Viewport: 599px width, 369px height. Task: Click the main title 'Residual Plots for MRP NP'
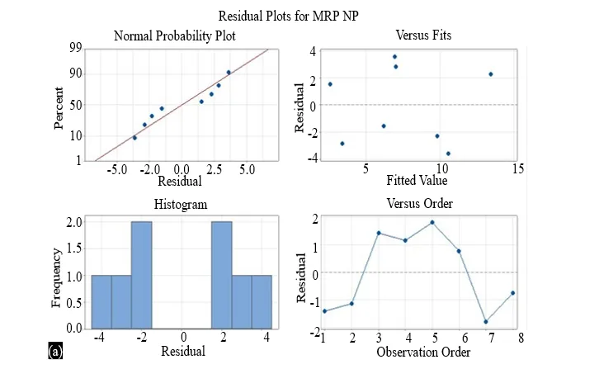tap(289, 16)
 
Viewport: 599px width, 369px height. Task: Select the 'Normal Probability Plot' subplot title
tap(175, 36)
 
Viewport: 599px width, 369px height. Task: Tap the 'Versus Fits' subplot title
tap(423, 35)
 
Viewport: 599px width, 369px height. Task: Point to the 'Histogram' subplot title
tap(181, 204)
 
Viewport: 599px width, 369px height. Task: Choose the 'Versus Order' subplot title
tap(419, 203)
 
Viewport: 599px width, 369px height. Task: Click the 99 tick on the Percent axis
tap(76, 48)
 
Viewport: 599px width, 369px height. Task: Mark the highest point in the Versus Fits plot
tap(394, 57)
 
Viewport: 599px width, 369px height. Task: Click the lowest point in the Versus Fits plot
tap(448, 154)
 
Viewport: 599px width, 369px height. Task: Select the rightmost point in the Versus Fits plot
tap(491, 74)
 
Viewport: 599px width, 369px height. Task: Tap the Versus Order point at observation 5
tap(432, 222)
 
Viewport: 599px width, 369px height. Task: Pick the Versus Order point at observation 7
tap(486, 322)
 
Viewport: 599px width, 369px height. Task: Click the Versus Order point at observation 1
tap(325, 311)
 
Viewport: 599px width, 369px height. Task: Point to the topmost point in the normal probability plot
tap(229, 73)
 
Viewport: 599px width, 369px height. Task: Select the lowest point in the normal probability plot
tap(134, 138)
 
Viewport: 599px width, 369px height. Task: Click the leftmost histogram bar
tap(101, 301)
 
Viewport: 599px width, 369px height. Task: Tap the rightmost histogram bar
tap(262, 301)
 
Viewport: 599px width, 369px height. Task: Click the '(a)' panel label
tap(55, 351)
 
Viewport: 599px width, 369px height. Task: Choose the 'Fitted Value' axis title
tap(417, 180)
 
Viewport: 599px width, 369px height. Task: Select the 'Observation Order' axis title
tap(423, 352)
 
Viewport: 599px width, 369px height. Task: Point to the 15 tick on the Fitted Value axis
tap(518, 168)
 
